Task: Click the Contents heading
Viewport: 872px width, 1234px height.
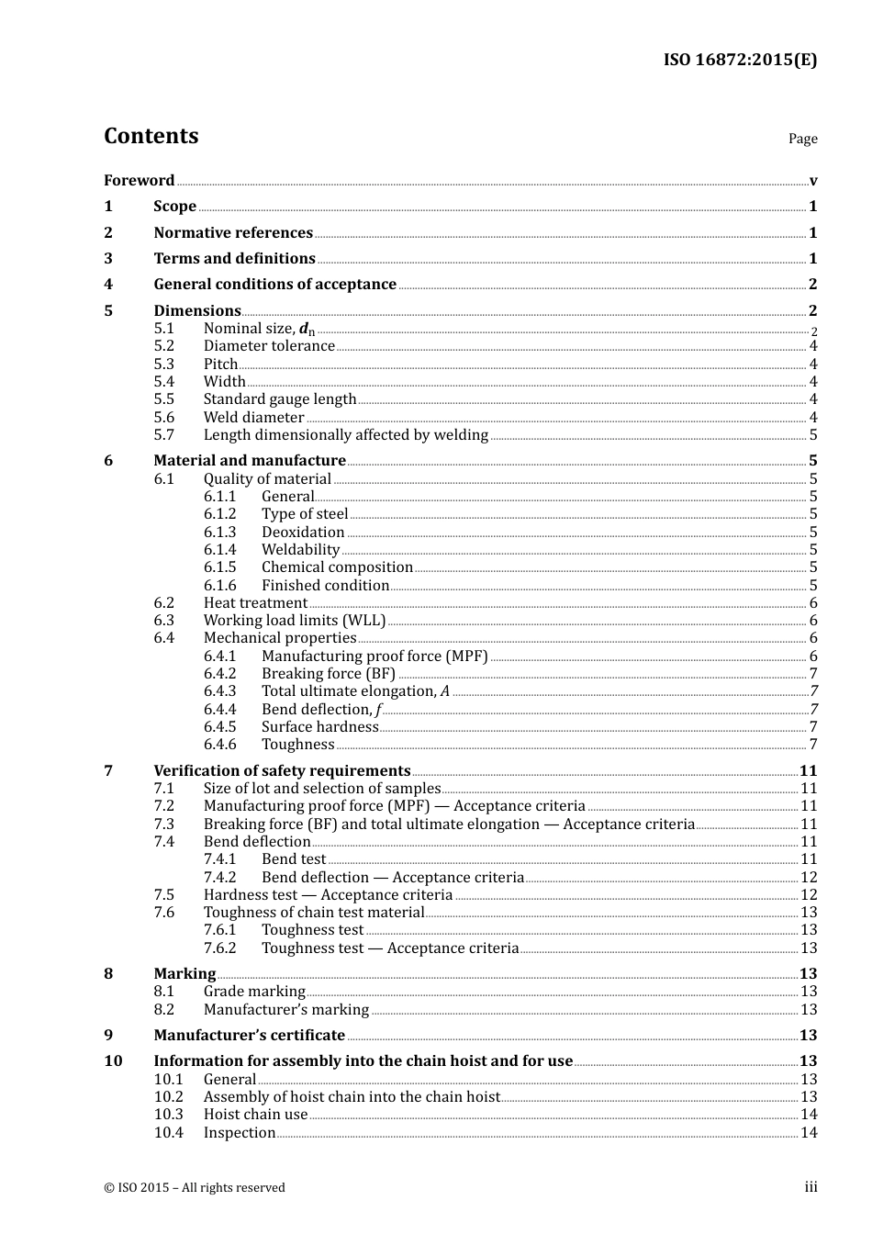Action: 151,136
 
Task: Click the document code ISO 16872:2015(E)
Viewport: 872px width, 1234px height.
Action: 740,60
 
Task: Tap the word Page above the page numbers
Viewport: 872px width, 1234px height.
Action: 802,139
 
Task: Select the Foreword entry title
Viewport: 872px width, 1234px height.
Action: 139,180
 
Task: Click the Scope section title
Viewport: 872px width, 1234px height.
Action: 174,207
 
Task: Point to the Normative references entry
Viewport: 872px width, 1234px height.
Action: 233,233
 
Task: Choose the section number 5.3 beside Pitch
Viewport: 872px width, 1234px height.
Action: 163,364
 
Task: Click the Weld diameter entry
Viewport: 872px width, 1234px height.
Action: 253,417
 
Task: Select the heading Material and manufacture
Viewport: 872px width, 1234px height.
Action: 250,461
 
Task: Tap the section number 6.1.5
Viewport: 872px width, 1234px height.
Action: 219,567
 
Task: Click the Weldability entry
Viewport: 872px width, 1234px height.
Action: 300,550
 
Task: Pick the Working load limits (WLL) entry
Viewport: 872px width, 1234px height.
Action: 295,621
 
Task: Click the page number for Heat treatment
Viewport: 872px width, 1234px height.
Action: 813,603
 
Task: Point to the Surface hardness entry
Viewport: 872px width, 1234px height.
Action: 319,727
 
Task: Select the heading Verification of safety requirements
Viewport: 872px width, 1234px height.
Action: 282,771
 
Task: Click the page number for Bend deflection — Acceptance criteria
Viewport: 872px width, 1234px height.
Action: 809,878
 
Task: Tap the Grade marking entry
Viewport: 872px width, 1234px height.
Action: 254,992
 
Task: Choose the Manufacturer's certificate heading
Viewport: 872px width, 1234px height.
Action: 249,1036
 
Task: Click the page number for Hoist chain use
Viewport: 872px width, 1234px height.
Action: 809,1115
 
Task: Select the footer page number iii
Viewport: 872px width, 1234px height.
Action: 811,1187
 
